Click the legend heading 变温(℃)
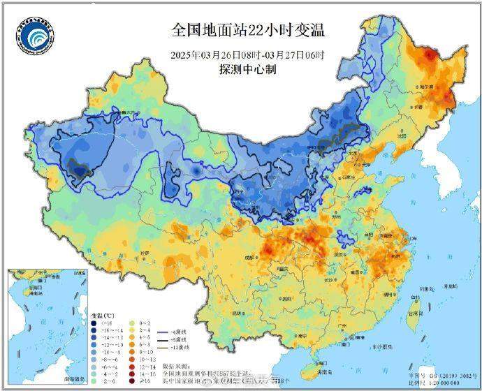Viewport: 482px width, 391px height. [x=103, y=316]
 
